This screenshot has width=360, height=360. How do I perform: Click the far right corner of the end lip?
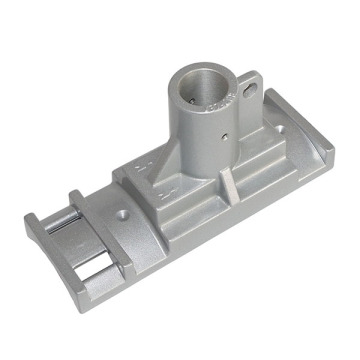[333, 150]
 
